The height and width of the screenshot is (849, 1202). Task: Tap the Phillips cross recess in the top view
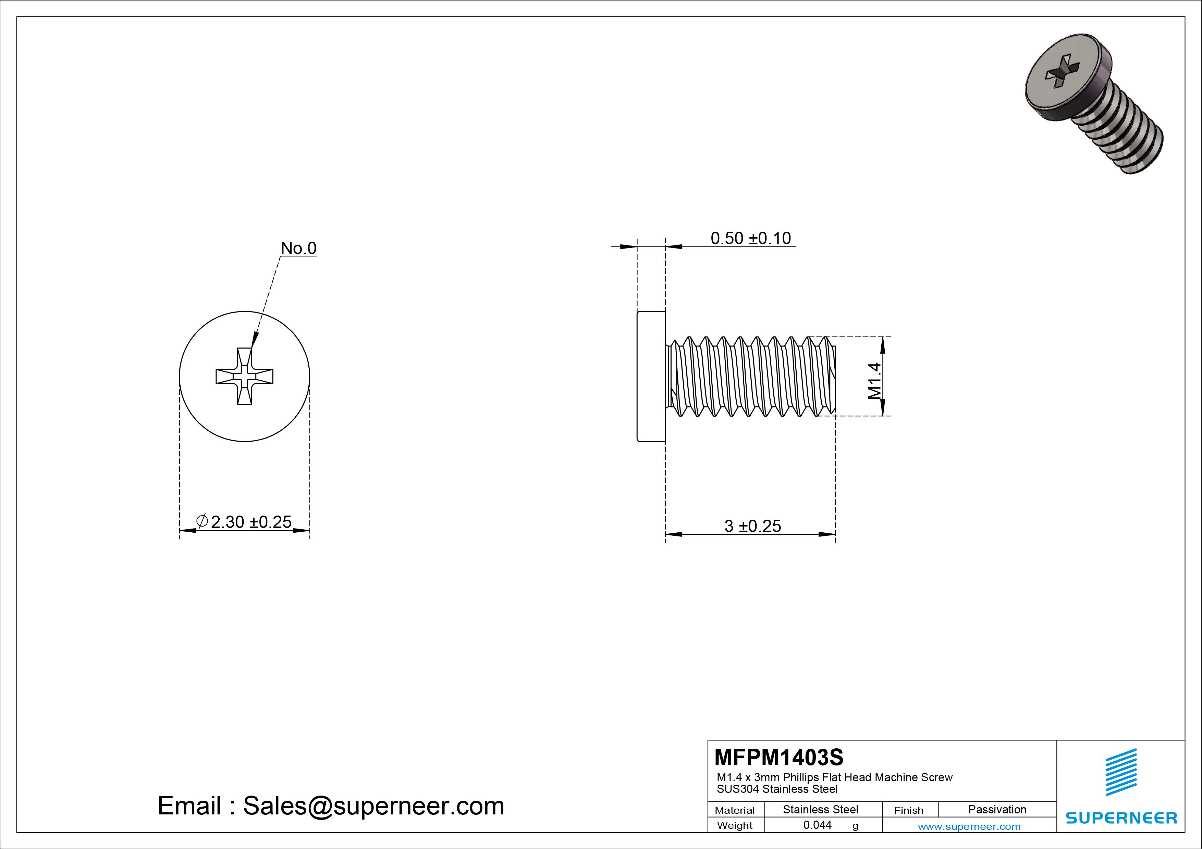pos(245,376)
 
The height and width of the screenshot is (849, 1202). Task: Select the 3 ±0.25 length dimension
pos(752,526)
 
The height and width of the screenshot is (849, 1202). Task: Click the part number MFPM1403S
pos(778,757)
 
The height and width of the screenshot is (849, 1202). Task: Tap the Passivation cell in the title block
pos(997,809)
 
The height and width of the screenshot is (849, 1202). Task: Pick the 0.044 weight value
pos(817,825)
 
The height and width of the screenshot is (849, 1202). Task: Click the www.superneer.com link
pos(969,826)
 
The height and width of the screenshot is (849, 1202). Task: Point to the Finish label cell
pos(909,810)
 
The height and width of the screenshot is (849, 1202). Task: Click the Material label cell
pos(735,810)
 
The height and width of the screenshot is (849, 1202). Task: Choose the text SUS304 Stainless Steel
pos(777,789)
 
